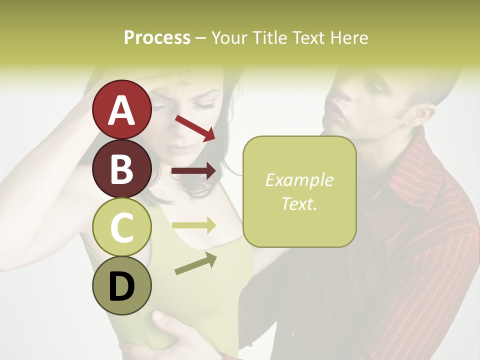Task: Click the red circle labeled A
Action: tap(121, 109)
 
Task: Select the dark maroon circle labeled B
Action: tap(121, 168)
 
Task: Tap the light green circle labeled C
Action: tap(121, 227)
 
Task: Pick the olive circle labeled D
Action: tap(121, 285)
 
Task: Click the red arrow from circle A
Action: tap(195, 128)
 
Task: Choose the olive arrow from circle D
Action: tap(195, 263)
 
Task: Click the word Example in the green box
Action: tap(299, 180)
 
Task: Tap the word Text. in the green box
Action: tap(299, 203)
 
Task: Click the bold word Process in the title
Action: tap(157, 37)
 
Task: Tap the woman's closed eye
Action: tap(203, 105)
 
